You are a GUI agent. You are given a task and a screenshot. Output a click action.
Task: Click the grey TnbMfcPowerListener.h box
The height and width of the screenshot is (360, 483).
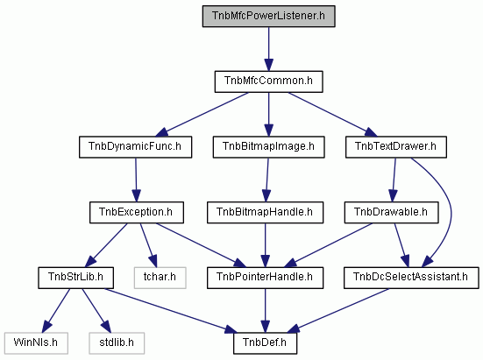point(268,16)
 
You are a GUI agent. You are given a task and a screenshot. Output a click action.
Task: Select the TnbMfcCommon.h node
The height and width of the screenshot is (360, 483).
point(268,81)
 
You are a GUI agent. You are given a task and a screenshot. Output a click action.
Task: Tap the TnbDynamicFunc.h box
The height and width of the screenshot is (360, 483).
point(135,147)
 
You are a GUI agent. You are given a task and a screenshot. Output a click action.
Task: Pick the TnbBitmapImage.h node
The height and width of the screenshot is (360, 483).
point(268,147)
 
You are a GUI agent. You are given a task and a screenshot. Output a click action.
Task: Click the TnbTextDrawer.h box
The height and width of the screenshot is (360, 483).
point(396,147)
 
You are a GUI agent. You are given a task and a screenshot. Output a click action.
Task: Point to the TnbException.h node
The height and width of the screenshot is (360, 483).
point(137,212)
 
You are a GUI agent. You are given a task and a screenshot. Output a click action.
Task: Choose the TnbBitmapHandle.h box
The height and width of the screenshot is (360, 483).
point(266,212)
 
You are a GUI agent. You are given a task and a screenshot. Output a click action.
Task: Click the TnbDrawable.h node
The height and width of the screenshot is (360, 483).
point(391,212)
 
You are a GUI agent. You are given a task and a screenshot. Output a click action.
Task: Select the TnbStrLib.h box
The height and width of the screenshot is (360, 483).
point(75,278)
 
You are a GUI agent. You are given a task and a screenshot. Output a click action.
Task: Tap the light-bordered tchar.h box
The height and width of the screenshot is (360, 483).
point(160,278)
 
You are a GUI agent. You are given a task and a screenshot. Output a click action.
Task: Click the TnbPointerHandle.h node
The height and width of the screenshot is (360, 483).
point(266,278)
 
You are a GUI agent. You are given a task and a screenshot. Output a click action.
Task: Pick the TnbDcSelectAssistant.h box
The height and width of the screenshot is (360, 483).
point(411,278)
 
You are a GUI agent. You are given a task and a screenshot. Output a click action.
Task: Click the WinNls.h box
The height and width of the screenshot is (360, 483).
point(36,343)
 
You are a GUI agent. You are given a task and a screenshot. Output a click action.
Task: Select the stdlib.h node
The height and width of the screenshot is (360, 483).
point(117,343)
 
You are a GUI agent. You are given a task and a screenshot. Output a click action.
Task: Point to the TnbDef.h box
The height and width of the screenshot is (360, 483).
point(266,343)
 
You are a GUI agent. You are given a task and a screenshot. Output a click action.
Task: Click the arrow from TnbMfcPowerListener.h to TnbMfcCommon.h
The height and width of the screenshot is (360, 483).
point(268,49)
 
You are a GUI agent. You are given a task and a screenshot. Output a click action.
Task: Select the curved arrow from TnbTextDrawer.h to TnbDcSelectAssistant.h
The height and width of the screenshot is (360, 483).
point(451,212)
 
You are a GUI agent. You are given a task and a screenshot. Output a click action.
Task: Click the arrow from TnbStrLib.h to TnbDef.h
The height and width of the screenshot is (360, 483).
point(171,311)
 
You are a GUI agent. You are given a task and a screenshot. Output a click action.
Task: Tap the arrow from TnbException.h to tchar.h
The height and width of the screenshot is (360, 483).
point(148,245)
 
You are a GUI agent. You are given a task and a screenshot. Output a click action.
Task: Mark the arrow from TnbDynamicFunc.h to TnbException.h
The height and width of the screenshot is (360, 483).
point(136,180)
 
